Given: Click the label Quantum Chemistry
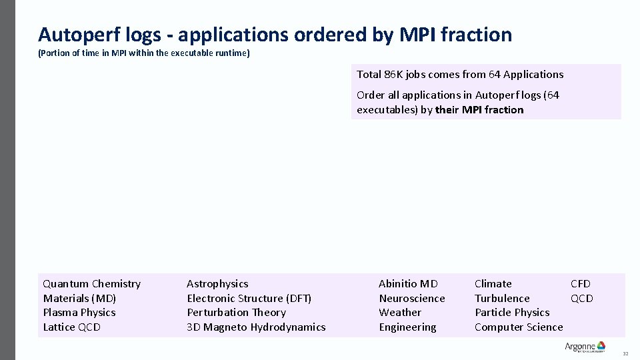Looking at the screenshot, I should click(92, 284).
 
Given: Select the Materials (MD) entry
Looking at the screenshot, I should click(79, 299).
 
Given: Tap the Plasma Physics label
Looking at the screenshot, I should click(79, 313).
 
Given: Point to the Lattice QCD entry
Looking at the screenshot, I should click(72, 327).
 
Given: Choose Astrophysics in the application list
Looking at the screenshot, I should click(217, 284).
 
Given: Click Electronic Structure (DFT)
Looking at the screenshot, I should click(249, 299).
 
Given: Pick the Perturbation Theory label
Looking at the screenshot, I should click(236, 313).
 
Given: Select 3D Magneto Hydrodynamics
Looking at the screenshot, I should click(256, 327).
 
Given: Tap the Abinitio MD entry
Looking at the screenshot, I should click(408, 284).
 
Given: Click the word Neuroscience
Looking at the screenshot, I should click(411, 299).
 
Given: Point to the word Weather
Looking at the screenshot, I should click(400, 313).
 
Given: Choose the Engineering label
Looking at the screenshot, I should click(407, 327).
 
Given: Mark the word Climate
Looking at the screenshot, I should click(493, 284).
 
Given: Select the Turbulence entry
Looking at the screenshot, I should click(502, 299).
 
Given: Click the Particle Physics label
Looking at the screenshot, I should click(512, 313).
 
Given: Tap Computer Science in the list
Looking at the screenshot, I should click(519, 327).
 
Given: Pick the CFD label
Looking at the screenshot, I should click(581, 284).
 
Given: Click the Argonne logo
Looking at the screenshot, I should click(585, 347).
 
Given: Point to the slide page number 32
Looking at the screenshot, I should click(625, 353).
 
